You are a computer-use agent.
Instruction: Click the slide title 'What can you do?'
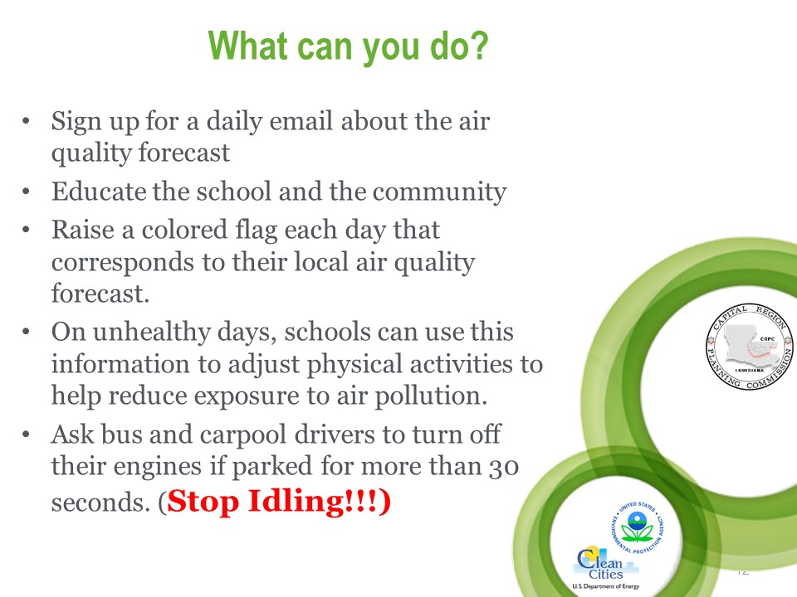348,46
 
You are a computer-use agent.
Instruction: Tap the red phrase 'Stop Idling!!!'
274,502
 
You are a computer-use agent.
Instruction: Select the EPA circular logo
638,527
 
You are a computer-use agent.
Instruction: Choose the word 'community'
440,192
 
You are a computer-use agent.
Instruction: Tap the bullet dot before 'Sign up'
26,122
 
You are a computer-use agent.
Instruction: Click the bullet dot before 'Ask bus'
26,435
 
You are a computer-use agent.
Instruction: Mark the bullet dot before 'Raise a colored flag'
26,230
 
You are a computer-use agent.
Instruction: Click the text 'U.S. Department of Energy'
606,586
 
